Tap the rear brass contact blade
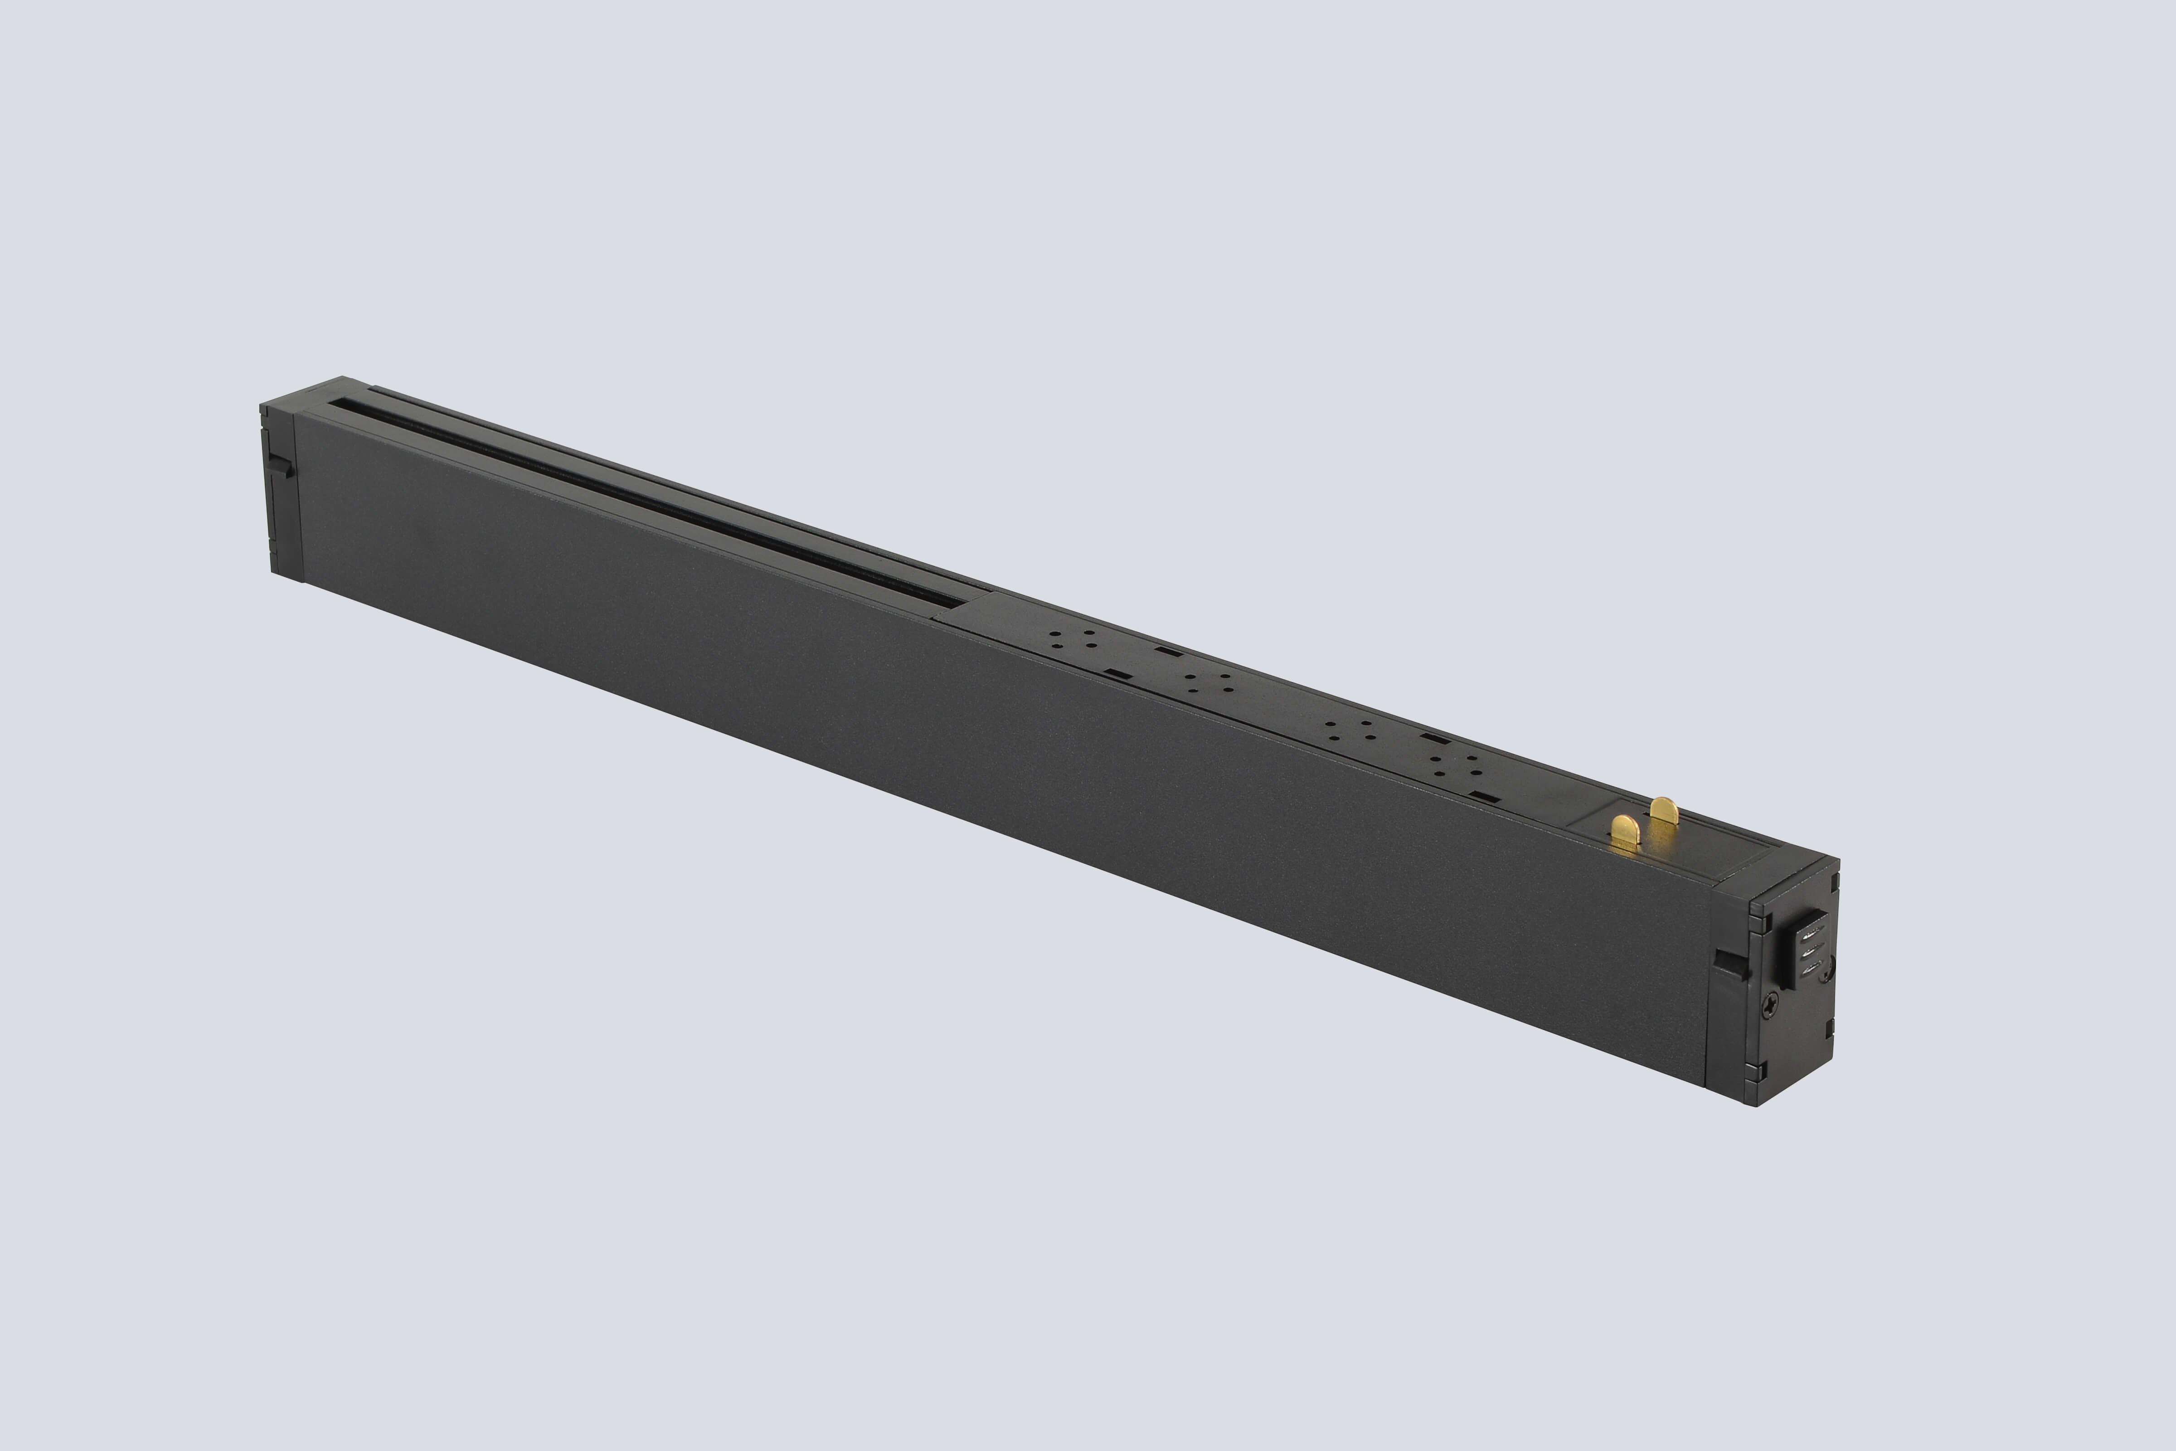pos(1663,812)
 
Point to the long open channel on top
pos(648,500)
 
